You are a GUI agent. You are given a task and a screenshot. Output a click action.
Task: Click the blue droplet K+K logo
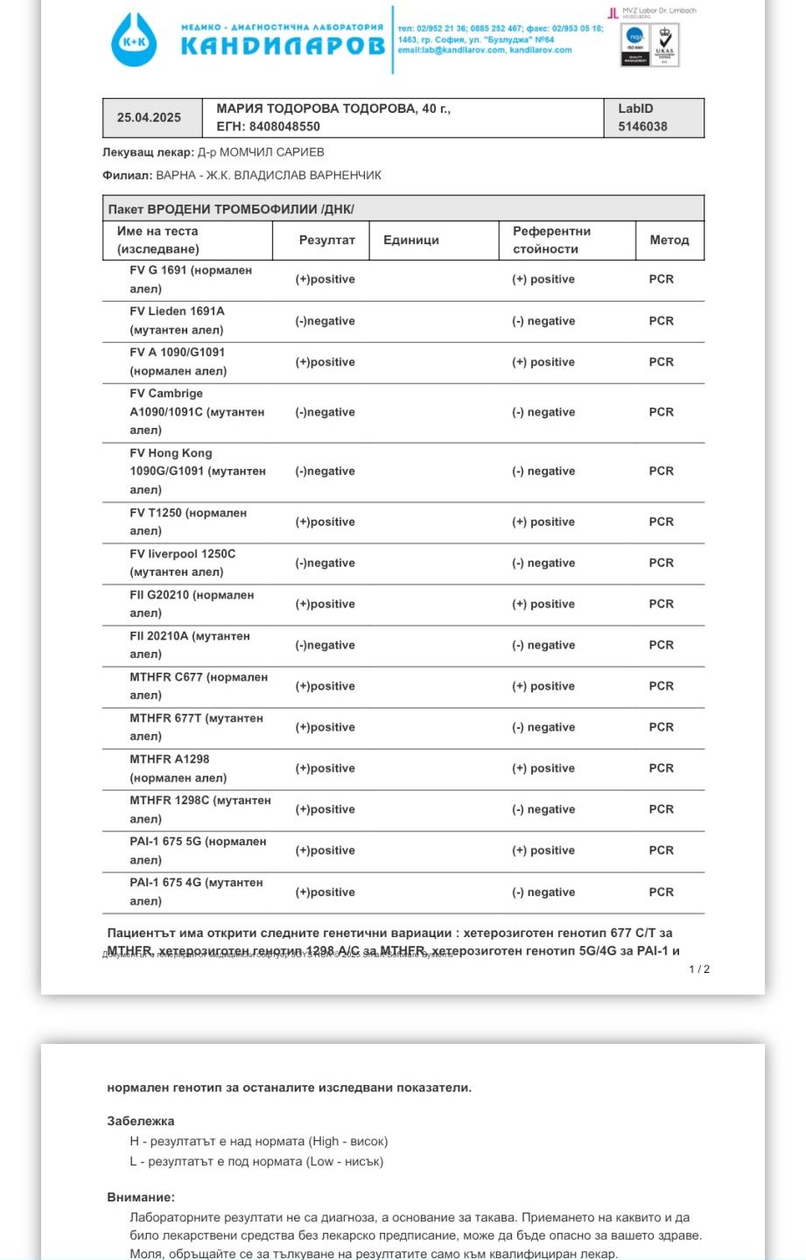pos(134,40)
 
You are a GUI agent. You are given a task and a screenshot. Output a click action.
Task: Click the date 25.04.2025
pos(149,117)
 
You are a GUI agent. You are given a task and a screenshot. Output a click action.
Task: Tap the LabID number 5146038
pos(642,126)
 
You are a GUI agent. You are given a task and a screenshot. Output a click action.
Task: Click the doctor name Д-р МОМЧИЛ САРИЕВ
pos(261,152)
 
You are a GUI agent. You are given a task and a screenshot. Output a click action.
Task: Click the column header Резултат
pos(326,240)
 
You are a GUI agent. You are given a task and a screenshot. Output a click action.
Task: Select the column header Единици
pos(411,240)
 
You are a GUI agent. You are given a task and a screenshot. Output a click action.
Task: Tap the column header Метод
pos(669,240)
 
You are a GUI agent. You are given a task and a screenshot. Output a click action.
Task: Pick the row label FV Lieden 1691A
pos(177,311)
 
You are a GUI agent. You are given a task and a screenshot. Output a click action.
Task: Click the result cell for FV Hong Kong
pos(325,471)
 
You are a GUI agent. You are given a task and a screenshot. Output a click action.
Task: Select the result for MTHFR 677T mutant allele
pos(325,727)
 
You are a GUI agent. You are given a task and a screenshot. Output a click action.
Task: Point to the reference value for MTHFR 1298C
pos(543,809)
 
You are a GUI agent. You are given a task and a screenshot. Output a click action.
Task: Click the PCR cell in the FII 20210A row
pos(661,645)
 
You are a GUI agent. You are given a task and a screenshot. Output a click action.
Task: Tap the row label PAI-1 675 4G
pos(196,883)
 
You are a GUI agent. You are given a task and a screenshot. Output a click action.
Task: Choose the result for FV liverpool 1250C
pos(325,563)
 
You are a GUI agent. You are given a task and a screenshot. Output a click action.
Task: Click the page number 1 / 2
pos(699,969)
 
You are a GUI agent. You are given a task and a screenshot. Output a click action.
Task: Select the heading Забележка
pos(140,1121)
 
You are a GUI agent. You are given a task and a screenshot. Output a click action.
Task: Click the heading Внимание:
pos(140,1197)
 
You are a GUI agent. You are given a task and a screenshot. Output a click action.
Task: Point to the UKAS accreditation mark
pos(665,45)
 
